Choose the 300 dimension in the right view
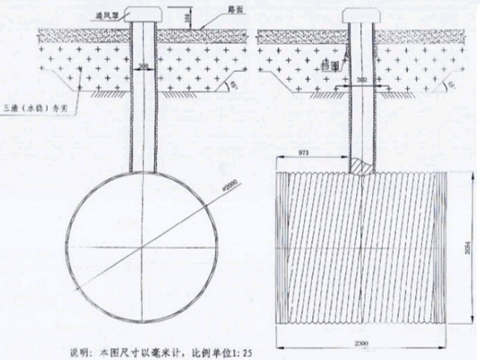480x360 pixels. coord(361,81)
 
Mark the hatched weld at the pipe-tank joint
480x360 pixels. coord(361,167)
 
